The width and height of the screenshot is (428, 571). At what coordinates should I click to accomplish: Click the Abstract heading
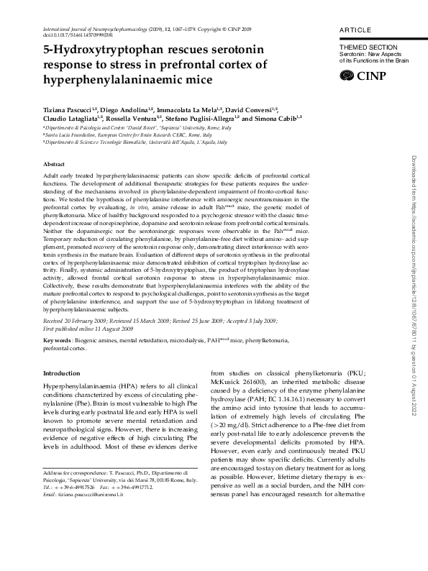click(x=55, y=165)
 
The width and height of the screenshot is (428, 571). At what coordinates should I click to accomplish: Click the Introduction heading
click(x=63, y=373)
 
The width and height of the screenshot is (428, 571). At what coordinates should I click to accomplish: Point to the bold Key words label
click(x=58, y=339)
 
